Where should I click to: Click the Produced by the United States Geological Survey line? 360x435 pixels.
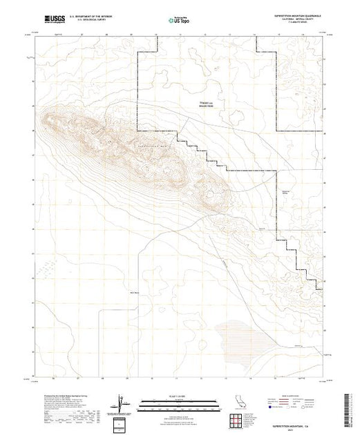point(62,397)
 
